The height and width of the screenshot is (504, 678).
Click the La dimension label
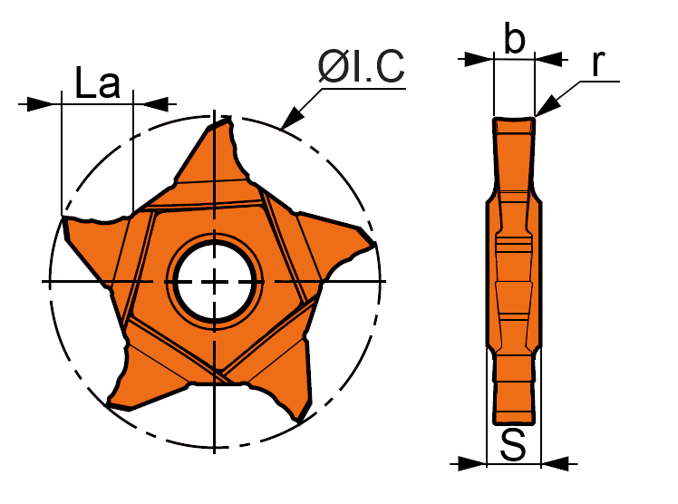click(x=97, y=84)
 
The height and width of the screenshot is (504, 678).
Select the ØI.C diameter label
click(x=361, y=67)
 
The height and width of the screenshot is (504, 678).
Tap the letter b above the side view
click(x=514, y=40)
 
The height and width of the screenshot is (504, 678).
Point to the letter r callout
click(x=597, y=63)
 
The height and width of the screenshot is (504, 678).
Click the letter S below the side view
click(x=514, y=445)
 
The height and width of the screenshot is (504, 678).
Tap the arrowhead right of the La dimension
click(x=154, y=104)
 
